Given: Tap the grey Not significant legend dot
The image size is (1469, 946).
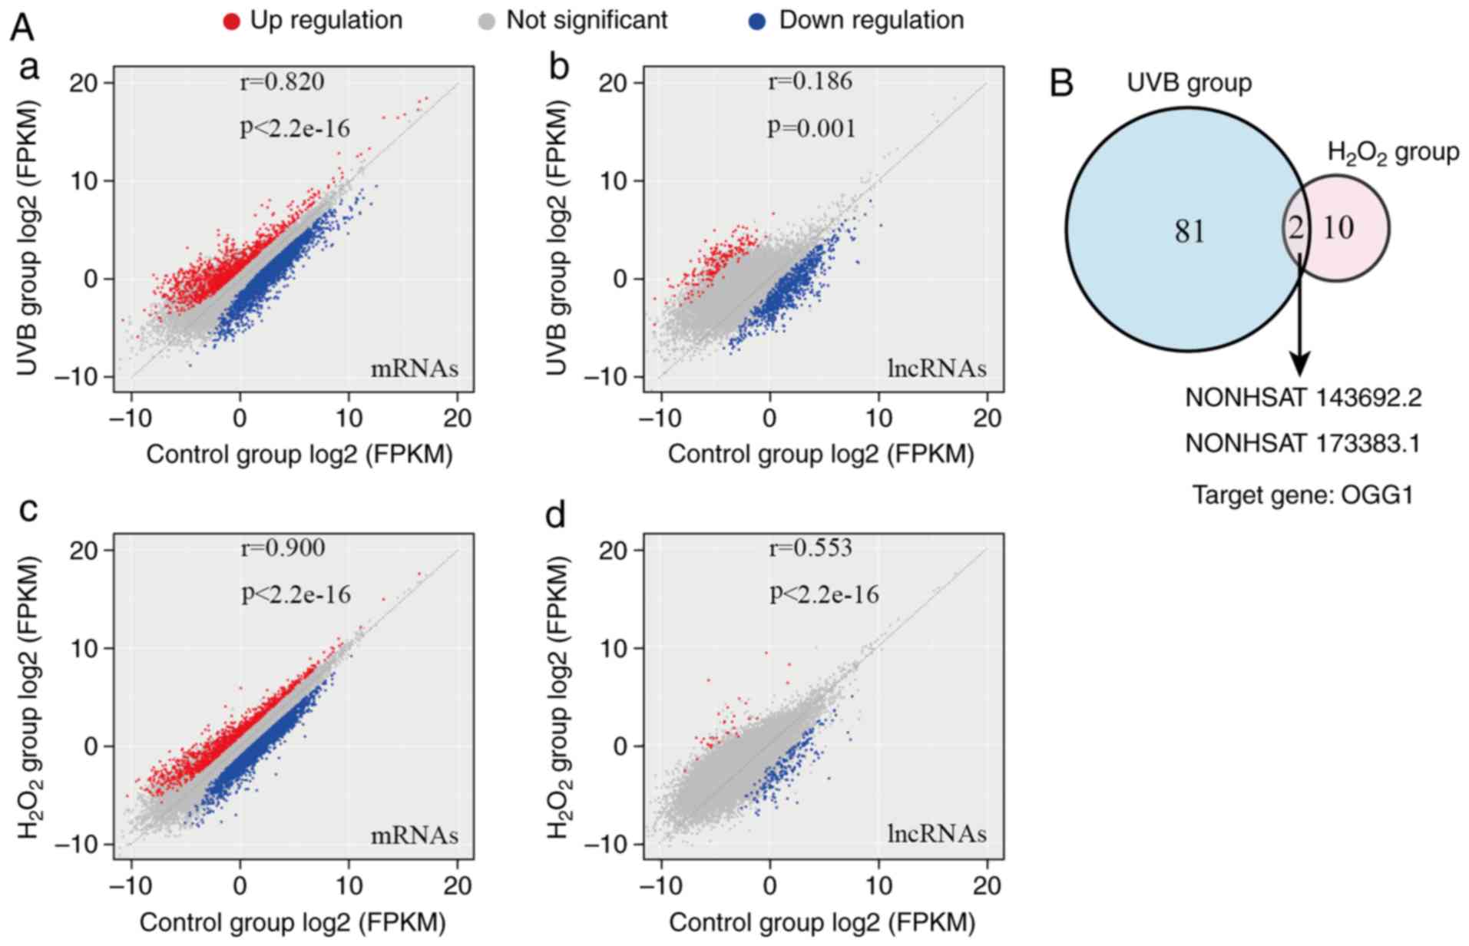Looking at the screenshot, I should coord(486,21).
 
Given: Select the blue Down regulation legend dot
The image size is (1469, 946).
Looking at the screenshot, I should coord(757,21).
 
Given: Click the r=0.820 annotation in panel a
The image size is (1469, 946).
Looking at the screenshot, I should coord(282,81).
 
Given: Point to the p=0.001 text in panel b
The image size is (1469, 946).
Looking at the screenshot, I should coord(812,127).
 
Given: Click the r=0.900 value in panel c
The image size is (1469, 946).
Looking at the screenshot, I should coord(283,548).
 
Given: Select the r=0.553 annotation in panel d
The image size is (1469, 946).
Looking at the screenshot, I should coord(811,548).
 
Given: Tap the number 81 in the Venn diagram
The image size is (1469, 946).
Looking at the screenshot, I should coord(1189,231).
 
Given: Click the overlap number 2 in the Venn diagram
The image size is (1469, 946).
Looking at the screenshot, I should coord(1295,228).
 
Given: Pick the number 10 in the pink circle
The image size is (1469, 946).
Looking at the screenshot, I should coord(1338,228).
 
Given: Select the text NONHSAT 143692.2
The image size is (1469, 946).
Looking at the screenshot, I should coord(1303,398).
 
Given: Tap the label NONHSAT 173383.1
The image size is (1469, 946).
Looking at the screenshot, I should coord(1302,443).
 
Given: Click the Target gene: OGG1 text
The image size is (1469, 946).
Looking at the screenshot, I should coord(1302,495).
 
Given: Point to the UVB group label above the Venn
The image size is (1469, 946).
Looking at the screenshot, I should coord(1189,83).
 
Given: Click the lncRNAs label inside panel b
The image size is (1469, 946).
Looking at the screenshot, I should coord(937,369).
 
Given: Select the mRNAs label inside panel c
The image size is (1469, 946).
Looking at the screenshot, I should coord(415,835).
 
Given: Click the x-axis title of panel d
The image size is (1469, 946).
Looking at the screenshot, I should coord(822,922).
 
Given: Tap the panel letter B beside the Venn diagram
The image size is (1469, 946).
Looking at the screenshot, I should coord(1061,83).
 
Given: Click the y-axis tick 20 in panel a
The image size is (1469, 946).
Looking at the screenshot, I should coord(87,83).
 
